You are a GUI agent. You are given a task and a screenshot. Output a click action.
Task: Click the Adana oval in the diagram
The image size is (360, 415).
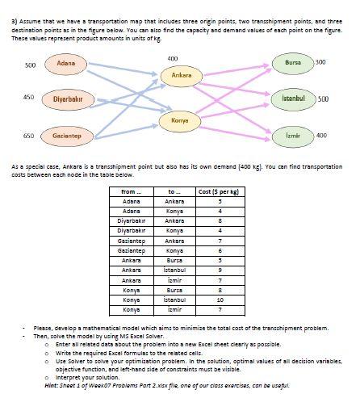pos(66,62)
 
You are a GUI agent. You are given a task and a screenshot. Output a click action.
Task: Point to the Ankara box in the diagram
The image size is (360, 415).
pos(182,75)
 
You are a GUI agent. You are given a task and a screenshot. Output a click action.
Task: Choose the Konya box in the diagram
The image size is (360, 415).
pos(179,120)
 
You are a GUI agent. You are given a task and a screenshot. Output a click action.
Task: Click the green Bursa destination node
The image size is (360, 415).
pos(291,62)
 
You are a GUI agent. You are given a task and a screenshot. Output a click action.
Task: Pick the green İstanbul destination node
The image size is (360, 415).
pos(293,99)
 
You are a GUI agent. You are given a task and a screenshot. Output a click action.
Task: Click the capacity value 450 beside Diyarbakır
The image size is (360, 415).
pos(28,97)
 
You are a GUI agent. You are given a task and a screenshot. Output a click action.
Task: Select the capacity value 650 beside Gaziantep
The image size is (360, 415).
pos(28,136)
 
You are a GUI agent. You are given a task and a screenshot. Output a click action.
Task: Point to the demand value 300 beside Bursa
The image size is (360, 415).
pos(320,62)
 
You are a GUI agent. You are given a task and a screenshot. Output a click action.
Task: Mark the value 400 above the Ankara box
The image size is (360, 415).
pos(172,58)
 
